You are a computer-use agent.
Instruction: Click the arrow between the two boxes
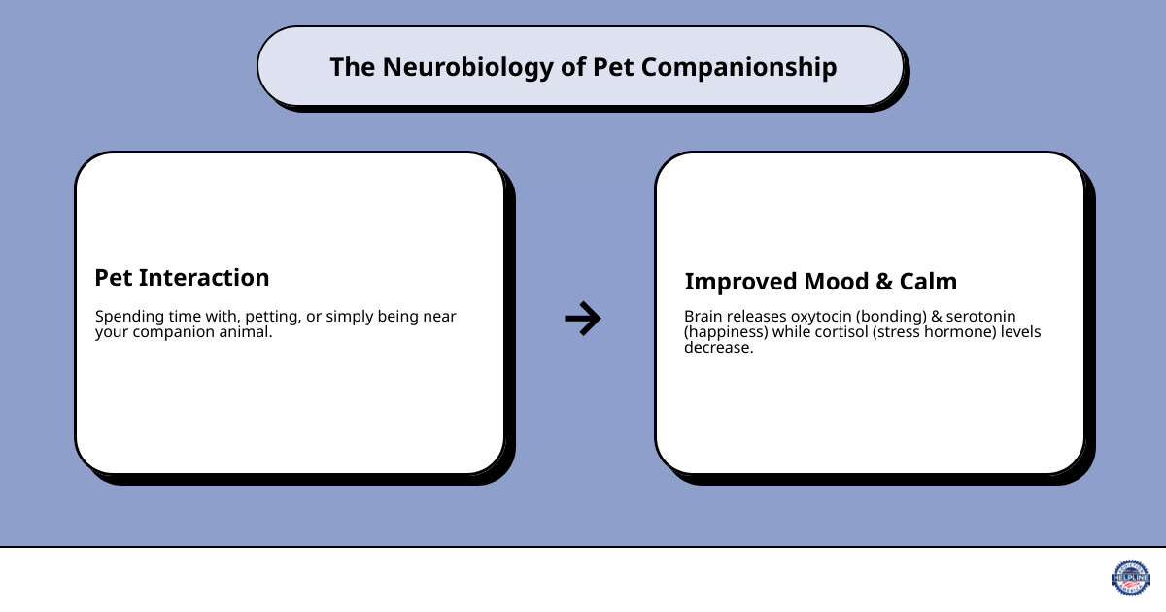(x=583, y=319)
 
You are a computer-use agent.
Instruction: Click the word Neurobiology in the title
(x=457, y=67)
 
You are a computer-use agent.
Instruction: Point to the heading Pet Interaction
(x=182, y=278)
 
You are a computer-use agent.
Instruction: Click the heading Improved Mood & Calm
(x=820, y=282)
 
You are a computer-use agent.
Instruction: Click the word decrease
(x=717, y=348)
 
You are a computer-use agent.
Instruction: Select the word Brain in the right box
(x=703, y=317)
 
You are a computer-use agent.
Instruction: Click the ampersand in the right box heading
(x=882, y=282)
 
